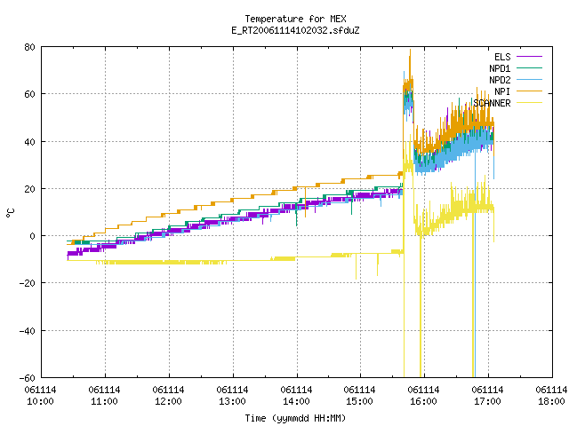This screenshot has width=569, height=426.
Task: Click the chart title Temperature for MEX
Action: point(295,19)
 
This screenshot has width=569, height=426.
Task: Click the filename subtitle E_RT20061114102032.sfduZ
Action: point(295,30)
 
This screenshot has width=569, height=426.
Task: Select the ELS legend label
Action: point(502,57)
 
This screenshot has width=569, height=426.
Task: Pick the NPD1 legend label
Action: point(500,68)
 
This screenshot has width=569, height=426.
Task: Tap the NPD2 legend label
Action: point(500,80)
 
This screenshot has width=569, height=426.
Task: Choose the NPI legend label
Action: point(502,91)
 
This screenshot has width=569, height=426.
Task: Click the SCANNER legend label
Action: point(492,103)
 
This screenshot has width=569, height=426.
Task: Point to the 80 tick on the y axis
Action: point(29,47)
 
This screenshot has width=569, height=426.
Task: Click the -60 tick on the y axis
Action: point(28,378)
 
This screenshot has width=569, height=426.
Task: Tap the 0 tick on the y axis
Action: point(32,236)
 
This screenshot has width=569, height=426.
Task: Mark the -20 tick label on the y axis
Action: point(28,283)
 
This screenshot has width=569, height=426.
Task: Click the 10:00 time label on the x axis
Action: point(40,402)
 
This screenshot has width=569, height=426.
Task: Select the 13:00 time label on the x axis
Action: point(232,402)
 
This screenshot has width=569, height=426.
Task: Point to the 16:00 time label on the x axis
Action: point(423,402)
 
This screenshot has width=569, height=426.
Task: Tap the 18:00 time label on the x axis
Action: point(551,402)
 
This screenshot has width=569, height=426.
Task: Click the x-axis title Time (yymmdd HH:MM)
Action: point(295,418)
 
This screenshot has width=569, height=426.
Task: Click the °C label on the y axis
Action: point(10,213)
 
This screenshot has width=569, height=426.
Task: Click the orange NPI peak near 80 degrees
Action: point(410,51)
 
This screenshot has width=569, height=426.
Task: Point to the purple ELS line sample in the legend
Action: point(529,57)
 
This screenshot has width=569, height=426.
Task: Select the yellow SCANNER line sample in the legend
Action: point(529,103)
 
